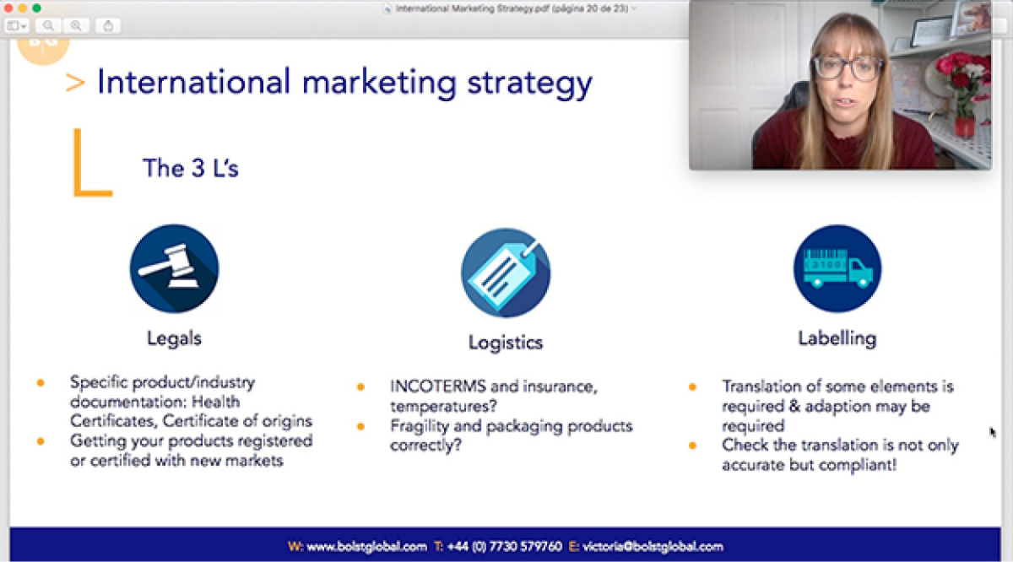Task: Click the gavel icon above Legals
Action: [x=174, y=268]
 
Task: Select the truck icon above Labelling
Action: [x=837, y=268]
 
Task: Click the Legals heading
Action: [x=174, y=338]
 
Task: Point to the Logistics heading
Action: [x=506, y=343]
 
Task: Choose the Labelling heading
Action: [x=837, y=338]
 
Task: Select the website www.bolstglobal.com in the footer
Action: [x=366, y=546]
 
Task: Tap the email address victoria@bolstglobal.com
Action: [x=653, y=546]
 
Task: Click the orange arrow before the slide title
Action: [x=75, y=83]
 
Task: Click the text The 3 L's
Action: [x=191, y=168]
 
